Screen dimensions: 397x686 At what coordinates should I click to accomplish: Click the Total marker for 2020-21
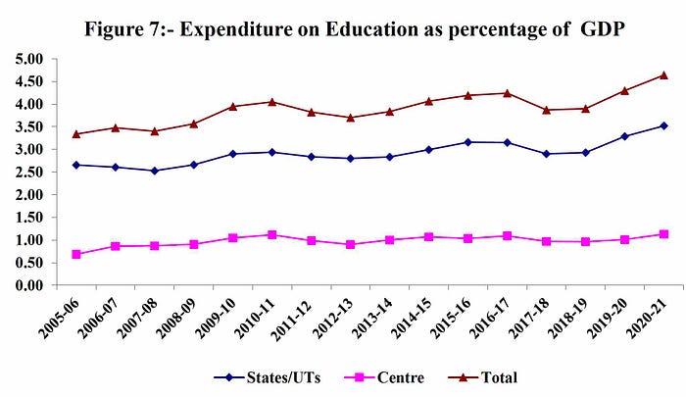point(664,74)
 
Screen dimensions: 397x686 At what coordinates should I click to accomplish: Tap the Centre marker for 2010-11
point(272,234)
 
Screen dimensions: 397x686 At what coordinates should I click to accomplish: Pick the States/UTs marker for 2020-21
point(664,125)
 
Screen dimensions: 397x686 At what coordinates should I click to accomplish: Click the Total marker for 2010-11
point(272,101)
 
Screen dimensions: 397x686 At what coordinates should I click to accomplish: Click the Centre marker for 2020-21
point(664,234)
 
